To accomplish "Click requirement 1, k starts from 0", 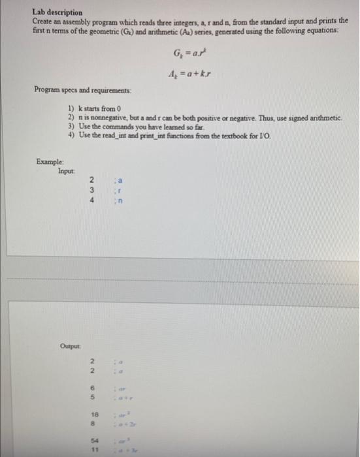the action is [x=97, y=108].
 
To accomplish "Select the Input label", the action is [x=67, y=168].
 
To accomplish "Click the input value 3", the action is [x=93, y=189].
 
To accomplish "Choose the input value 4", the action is [x=93, y=200].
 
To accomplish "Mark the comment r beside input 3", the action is [x=119, y=189].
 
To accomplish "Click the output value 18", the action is [x=94, y=414].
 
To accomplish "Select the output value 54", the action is [x=94, y=441].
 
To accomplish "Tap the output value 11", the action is [x=94, y=450].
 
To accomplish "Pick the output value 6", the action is [x=93, y=386].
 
